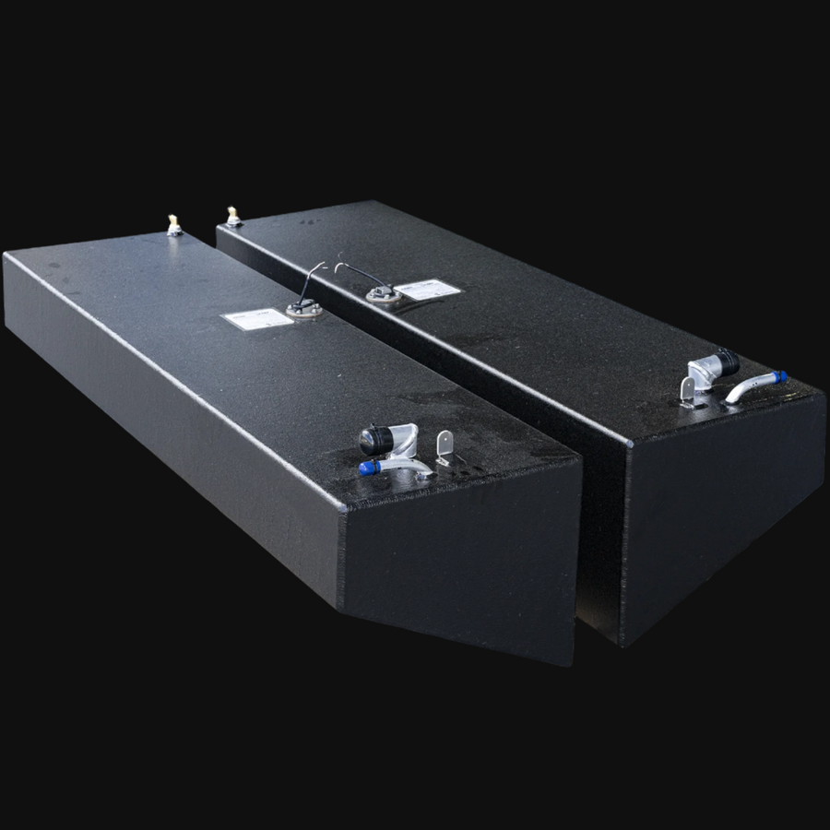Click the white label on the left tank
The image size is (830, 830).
pos(256,319)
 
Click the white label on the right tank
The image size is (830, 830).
pos(429,290)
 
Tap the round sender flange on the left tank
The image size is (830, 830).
pos(304,310)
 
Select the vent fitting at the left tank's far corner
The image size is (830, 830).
pos(173,226)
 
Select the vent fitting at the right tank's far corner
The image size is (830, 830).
pos(233,218)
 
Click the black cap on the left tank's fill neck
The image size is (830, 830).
pos(375,440)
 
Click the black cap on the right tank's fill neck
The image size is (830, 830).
pos(727,360)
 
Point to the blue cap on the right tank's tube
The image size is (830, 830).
pos(780,377)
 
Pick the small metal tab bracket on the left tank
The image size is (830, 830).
pos(445,447)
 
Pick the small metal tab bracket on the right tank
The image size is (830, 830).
pos(688,391)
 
